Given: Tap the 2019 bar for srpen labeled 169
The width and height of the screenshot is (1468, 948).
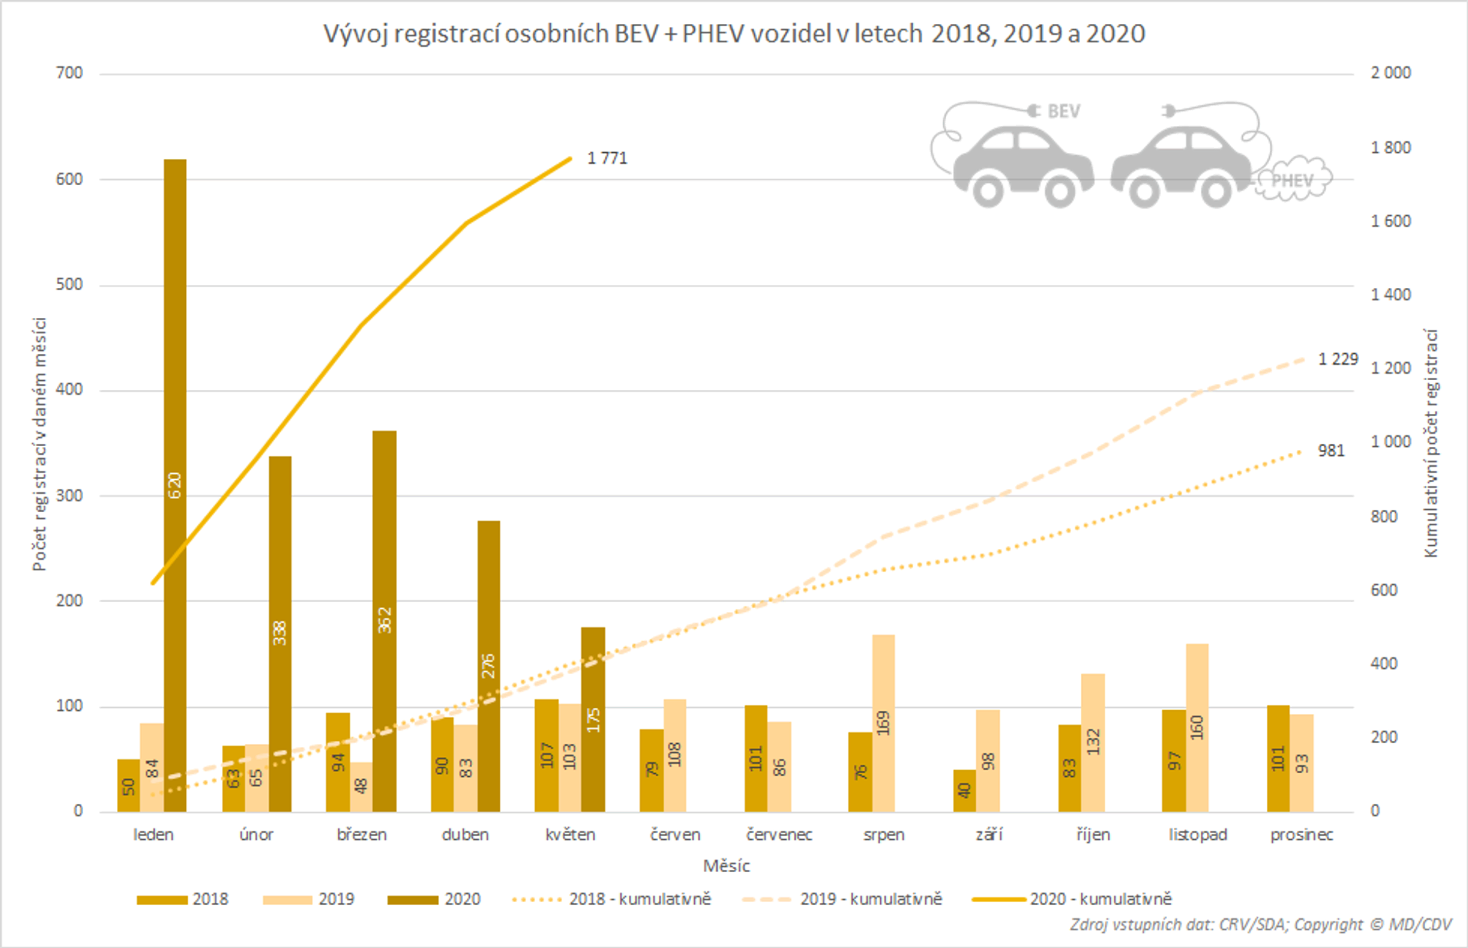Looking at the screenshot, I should pos(883,722).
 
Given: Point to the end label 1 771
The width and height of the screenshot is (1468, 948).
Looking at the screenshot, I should pos(607,158).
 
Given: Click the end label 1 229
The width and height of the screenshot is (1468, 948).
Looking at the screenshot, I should pos(1337,359).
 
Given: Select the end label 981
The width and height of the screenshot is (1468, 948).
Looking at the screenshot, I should pos(1330,450).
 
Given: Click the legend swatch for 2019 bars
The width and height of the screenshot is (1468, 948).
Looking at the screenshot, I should pos(287,899).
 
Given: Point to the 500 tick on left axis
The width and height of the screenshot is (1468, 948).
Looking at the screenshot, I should pos(69,284).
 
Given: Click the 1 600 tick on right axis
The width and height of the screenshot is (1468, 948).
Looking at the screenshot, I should pos(1390,221).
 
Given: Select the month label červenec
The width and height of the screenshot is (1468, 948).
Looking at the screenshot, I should pos(779,835).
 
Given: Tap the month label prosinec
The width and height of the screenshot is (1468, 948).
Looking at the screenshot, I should pos(1301,835).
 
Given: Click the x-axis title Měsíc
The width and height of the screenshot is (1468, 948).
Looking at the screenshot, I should pos(726,865).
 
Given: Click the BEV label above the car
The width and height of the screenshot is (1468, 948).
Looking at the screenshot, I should pos(1063,111).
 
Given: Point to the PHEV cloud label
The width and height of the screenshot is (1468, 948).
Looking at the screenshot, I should pos(1292,180).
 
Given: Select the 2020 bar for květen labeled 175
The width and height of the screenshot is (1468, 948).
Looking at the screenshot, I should pos(593,719).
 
